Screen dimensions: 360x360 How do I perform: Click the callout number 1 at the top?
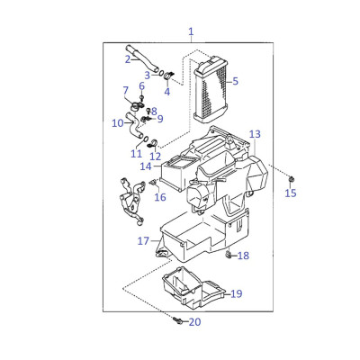pos(191,31)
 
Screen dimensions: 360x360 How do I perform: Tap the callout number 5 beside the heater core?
pos(235,81)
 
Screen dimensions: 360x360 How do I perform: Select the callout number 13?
pos(255,134)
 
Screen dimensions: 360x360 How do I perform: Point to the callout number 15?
pos(291,193)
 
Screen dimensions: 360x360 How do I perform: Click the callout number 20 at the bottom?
pos(195,322)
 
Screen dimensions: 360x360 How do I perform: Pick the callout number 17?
pos(143,240)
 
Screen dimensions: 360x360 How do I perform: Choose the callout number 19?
pos(237,293)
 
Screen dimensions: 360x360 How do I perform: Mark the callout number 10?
pos(118,123)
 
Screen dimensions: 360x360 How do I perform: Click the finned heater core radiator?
pos(211,89)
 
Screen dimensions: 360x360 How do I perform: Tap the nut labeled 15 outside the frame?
pos(291,179)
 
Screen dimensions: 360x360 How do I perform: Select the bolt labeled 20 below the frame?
pos(177,320)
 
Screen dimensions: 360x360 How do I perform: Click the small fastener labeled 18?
pos(229,256)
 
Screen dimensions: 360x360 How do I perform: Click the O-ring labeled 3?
pos(161,73)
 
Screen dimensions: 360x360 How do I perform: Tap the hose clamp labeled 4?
pos(169,75)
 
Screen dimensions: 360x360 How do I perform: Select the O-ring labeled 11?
pos(145,139)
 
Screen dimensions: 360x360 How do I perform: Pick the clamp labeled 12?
pos(153,143)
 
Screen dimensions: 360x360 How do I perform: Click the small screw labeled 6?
pos(142,97)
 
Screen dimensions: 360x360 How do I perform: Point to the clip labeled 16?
pos(154,182)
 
